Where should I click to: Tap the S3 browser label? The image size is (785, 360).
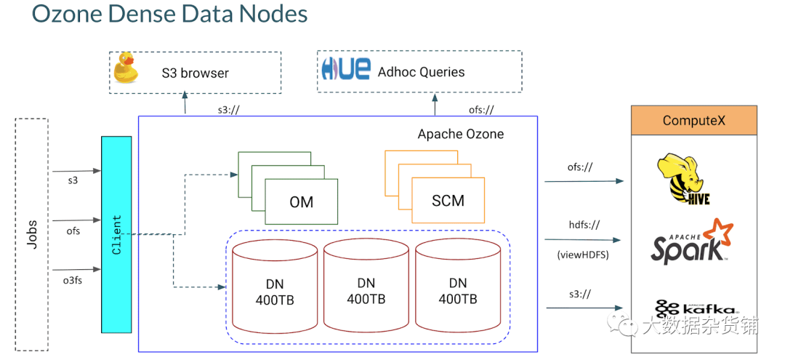(x=195, y=73)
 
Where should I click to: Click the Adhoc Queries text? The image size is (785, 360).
(x=421, y=72)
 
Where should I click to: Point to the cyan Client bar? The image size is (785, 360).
(x=116, y=235)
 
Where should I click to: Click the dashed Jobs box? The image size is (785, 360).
(x=31, y=235)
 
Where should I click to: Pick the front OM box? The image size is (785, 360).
(x=302, y=201)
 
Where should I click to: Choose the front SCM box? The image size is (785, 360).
(x=448, y=201)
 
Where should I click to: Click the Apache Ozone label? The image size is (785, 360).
(x=460, y=135)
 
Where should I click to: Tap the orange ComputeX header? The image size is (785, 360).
(x=693, y=120)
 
